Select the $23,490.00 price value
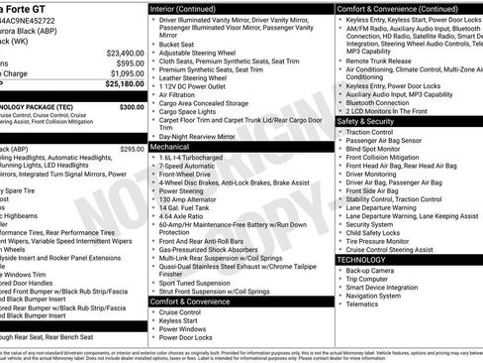120,53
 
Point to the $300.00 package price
131,106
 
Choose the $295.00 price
131,149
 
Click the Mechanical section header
170,146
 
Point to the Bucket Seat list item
176,44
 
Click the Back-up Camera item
369,270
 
